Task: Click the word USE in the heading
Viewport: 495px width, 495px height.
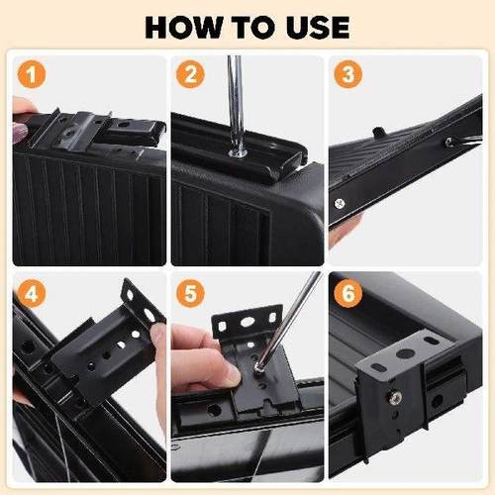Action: (316, 26)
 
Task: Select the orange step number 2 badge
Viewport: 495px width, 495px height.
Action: (189, 74)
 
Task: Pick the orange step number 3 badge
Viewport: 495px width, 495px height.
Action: (347, 74)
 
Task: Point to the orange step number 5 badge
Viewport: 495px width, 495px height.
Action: (189, 293)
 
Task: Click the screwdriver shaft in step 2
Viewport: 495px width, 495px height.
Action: (235, 99)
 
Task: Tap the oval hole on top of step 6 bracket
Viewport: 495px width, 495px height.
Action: (405, 352)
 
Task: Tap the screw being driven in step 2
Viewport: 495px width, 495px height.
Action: (239, 151)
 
